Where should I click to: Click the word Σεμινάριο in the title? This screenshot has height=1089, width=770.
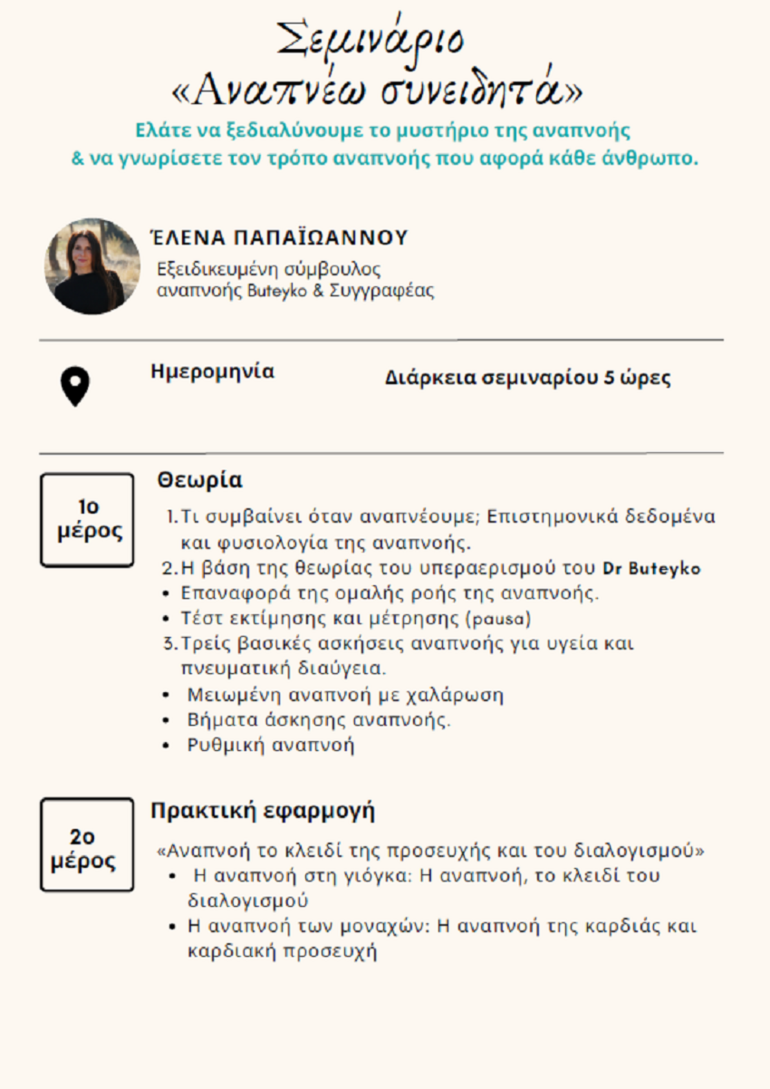click(370, 40)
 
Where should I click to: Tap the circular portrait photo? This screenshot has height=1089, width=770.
click(92, 266)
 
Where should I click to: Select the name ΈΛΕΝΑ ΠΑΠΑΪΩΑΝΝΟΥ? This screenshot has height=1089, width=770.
click(278, 238)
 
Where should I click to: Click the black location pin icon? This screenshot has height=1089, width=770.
click(75, 386)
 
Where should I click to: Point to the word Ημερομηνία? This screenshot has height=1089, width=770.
click(212, 372)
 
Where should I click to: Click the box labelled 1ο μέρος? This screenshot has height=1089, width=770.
click(87, 520)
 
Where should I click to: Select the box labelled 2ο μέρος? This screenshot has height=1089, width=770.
click(87, 845)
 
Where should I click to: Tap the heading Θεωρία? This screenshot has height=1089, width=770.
click(200, 480)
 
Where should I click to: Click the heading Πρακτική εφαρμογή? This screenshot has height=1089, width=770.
click(262, 810)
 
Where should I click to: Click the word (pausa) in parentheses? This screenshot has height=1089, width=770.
click(499, 619)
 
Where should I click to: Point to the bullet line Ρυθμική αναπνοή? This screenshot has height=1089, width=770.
click(270, 745)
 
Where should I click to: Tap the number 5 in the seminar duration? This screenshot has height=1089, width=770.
click(609, 377)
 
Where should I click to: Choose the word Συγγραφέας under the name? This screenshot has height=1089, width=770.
click(382, 291)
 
